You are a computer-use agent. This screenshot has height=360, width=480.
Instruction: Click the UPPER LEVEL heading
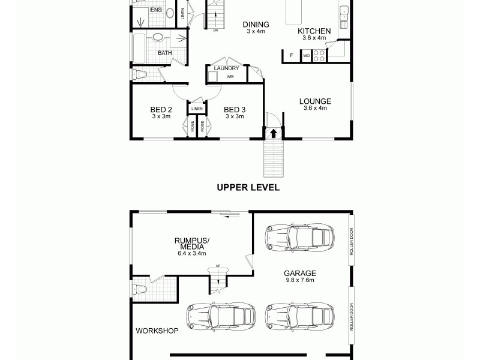[x=248, y=187]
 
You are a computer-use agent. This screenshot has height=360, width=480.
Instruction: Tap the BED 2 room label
[x=161, y=110]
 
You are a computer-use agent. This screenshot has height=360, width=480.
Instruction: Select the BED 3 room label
[x=235, y=110]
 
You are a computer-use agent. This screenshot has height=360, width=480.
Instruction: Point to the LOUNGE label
[x=315, y=101]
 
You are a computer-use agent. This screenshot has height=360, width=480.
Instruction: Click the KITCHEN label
[x=314, y=31]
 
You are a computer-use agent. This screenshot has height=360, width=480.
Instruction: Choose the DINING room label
[x=256, y=25]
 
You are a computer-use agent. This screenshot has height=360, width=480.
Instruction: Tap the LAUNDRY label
[x=226, y=68]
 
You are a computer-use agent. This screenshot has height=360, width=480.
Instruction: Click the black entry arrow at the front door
[x=274, y=133]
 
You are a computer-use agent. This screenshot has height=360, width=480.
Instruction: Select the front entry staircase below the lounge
[x=274, y=158]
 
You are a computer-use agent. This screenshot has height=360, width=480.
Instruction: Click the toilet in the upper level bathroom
[x=141, y=74]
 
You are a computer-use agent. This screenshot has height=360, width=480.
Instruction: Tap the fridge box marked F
[x=292, y=56]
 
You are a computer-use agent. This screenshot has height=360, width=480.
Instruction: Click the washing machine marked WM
[x=230, y=77]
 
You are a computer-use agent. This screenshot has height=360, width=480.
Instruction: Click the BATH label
[x=164, y=53]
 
